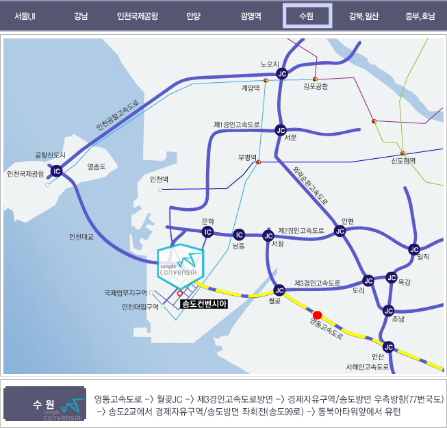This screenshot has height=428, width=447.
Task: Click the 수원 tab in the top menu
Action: pyautogui.click(x=307, y=16)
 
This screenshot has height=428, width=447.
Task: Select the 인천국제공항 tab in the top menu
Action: pyautogui.click(x=138, y=16)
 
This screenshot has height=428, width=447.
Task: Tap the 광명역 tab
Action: pyautogui.click(x=251, y=16)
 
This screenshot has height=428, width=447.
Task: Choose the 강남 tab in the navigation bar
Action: pyautogui.click(x=81, y=16)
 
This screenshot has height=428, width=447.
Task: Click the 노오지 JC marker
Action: pyautogui.click(x=282, y=74)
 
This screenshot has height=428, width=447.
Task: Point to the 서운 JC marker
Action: pyautogui.click(x=281, y=130)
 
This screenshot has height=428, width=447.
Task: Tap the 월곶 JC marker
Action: pyautogui.click(x=279, y=290)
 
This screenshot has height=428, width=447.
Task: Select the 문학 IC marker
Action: pyautogui.click(x=207, y=232)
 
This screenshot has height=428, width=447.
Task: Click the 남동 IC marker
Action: pyautogui.click(x=239, y=235)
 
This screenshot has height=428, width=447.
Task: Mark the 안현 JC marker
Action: pyautogui.click(x=340, y=231)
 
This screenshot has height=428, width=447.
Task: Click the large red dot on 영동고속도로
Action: pyautogui.click(x=318, y=315)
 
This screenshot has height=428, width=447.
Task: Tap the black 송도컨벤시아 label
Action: pyautogui.click(x=204, y=304)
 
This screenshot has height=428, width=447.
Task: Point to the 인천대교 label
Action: pyautogui.click(x=81, y=237)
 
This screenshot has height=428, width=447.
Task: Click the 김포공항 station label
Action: pyautogui.click(x=316, y=86)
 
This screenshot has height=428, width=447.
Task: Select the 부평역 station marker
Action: pyautogui.click(x=259, y=162)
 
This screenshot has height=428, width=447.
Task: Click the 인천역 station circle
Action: pyautogui.click(x=160, y=190)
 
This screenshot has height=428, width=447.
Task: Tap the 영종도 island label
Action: pyautogui.click(x=97, y=166)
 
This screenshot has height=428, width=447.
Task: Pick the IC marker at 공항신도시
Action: pyautogui.click(x=56, y=171)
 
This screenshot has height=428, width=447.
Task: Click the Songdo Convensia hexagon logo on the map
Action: pyautogui.click(x=181, y=266)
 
